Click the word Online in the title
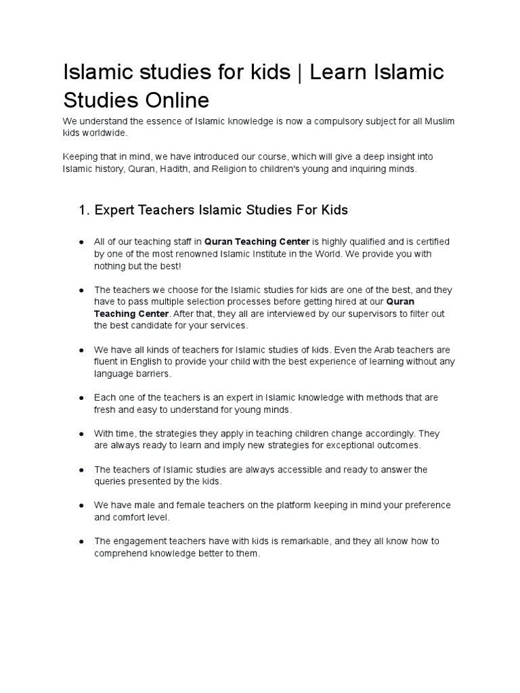(175, 100)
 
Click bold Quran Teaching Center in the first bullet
(257, 242)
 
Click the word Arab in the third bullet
(382, 350)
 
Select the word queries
(111, 481)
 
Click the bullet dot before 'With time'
(81, 434)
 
